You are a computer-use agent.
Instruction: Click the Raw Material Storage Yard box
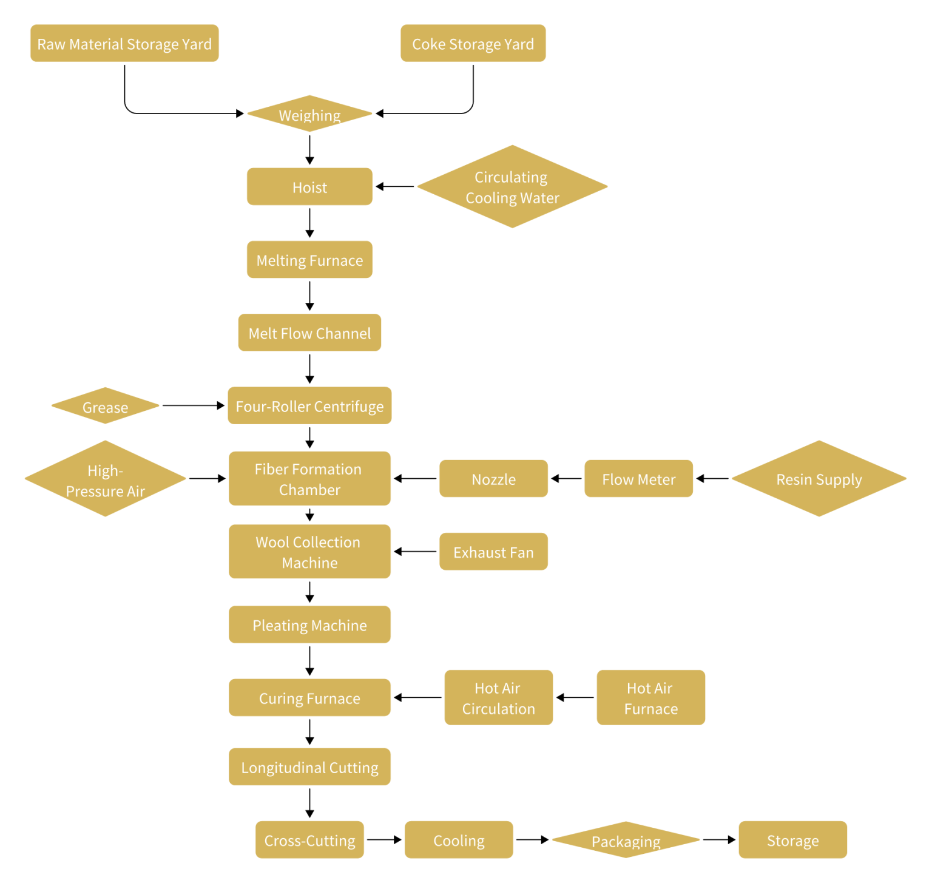click(x=124, y=43)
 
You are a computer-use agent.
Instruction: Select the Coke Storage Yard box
click(x=473, y=43)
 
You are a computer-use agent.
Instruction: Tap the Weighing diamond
click(x=309, y=113)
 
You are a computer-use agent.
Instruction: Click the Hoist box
click(x=309, y=186)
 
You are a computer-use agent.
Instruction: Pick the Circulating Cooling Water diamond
click(x=512, y=186)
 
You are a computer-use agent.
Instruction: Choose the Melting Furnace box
click(x=309, y=260)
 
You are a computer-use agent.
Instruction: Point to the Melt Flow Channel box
click(x=309, y=333)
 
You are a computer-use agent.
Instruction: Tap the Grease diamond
click(x=105, y=406)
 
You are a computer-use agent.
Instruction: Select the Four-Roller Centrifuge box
click(x=309, y=405)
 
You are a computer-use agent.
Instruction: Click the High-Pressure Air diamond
click(x=105, y=479)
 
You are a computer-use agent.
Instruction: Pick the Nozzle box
click(x=493, y=479)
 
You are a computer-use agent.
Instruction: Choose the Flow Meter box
click(x=638, y=479)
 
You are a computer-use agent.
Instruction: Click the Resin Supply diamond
click(x=819, y=479)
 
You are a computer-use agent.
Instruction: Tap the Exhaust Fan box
click(x=493, y=552)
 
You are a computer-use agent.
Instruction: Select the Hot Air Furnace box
click(x=650, y=697)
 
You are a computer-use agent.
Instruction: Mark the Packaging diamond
click(x=626, y=840)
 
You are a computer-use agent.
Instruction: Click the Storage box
click(x=792, y=840)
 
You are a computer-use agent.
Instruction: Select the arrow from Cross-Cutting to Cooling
click(x=384, y=840)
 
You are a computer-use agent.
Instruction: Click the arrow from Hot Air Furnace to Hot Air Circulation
click(x=575, y=697)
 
